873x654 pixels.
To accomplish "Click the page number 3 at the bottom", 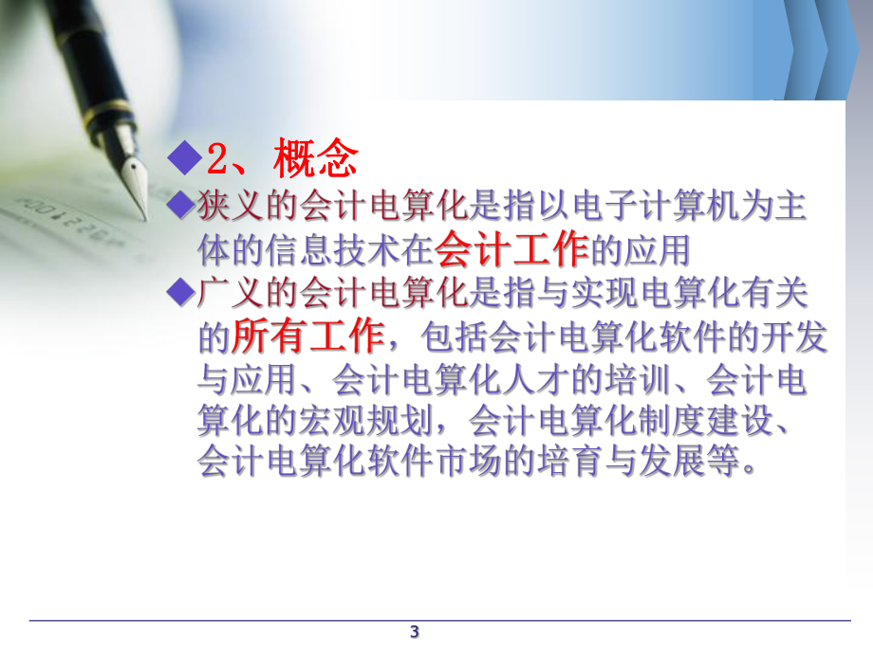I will coord(414,632).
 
